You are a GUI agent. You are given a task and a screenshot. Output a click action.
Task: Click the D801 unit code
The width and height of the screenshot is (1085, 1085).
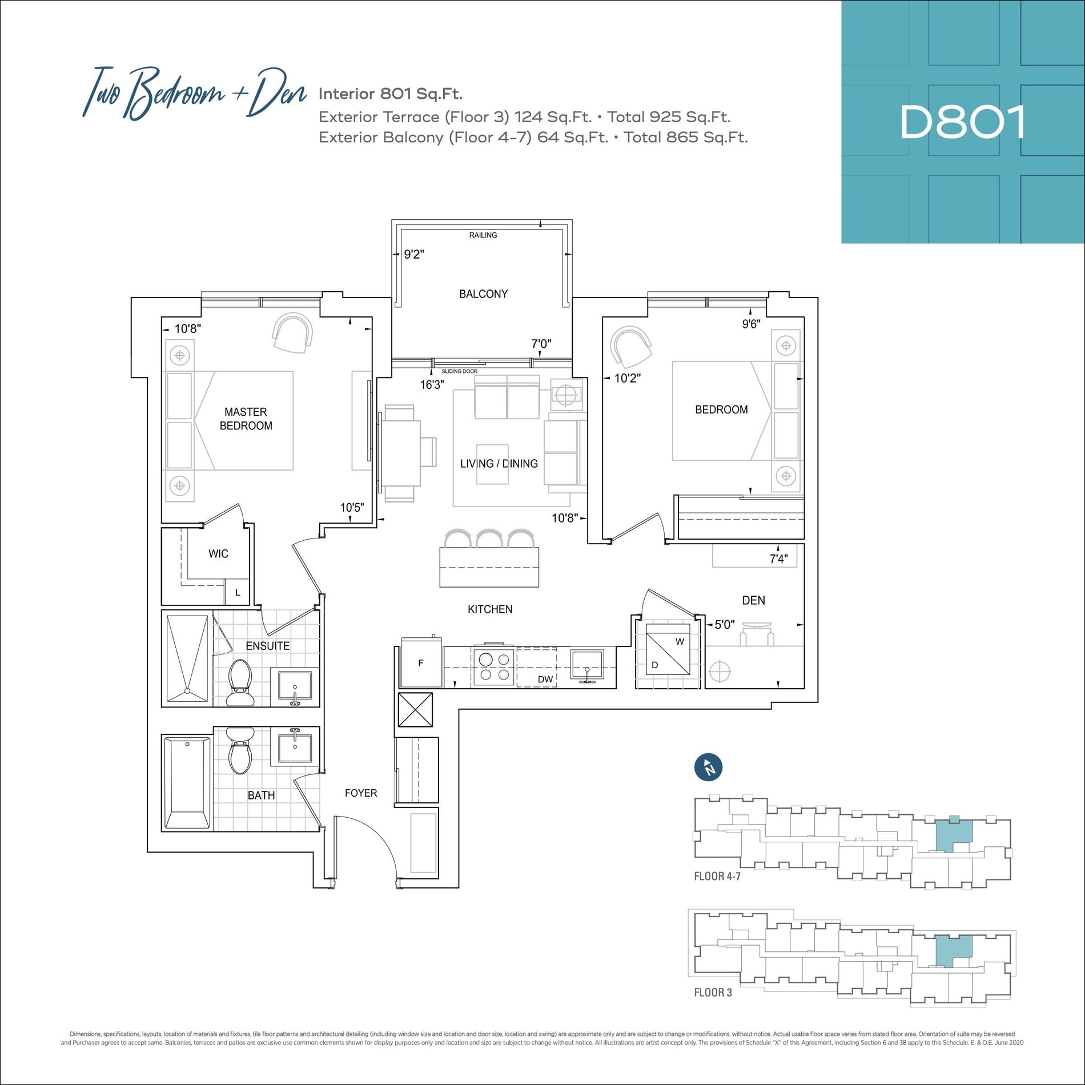[x=963, y=122]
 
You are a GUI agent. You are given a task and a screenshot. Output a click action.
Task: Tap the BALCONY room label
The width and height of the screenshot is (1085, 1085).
[x=483, y=294]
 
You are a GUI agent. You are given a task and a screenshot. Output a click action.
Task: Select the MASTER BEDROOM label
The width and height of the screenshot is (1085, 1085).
[x=246, y=419]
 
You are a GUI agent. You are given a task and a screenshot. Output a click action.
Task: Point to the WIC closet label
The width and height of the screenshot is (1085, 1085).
[x=218, y=553]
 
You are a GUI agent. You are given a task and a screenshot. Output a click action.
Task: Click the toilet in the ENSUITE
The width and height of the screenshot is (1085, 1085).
[x=240, y=682]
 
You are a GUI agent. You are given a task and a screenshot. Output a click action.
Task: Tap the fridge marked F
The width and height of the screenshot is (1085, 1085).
[x=421, y=662]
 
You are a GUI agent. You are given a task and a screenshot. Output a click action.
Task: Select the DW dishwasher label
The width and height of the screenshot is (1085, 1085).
[x=545, y=679]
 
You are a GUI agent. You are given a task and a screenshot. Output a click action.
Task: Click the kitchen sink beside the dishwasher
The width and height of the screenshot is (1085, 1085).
[x=587, y=666]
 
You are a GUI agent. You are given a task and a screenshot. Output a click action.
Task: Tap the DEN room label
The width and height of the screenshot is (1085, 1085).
[x=753, y=600]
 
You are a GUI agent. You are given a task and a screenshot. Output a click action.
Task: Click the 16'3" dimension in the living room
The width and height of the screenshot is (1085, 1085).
[x=432, y=384]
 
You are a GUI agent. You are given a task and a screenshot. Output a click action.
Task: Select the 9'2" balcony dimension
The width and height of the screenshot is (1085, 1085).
[x=414, y=254]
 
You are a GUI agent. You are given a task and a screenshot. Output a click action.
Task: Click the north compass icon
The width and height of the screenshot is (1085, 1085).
[x=709, y=767]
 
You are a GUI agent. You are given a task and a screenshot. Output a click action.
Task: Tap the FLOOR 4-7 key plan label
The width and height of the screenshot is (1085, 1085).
[x=717, y=876]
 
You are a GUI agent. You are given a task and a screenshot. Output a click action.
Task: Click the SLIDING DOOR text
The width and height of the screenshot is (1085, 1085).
[x=460, y=371]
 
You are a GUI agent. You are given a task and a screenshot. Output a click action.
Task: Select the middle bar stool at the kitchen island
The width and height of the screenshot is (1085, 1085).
[x=489, y=539]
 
